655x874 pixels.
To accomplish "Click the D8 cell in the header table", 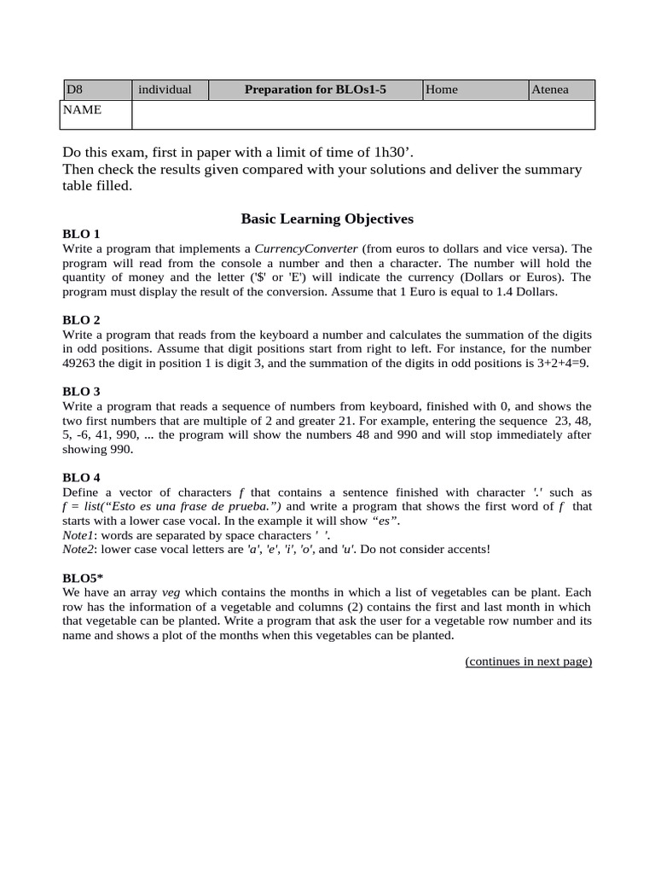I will pyautogui.click(x=96, y=90).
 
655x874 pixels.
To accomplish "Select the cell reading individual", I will pyautogui.click(x=170, y=90).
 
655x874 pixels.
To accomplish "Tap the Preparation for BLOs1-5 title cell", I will pyautogui.click(x=315, y=90).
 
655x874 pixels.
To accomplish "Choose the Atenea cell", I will pyautogui.click(x=560, y=90).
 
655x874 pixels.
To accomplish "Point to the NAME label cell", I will pyautogui.click(x=95, y=114).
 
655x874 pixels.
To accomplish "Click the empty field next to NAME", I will pyautogui.click(x=362, y=114).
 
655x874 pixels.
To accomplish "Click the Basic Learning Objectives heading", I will pyautogui.click(x=327, y=218).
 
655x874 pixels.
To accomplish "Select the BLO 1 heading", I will pyautogui.click(x=81, y=234).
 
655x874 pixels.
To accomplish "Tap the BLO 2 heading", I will pyautogui.click(x=81, y=320).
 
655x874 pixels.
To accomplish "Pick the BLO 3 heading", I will pyautogui.click(x=81, y=392).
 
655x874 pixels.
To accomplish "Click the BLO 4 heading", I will pyautogui.click(x=81, y=478).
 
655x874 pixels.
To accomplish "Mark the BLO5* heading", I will pyautogui.click(x=83, y=578).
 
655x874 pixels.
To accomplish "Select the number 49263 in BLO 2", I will pyautogui.click(x=81, y=363).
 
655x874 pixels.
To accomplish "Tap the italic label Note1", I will pyautogui.click(x=79, y=534).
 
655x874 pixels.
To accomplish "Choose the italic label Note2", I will pyautogui.click(x=79, y=548).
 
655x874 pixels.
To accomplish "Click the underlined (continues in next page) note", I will pyautogui.click(x=528, y=661).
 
